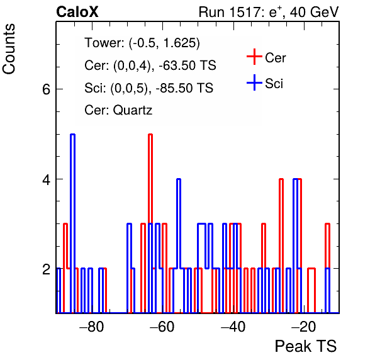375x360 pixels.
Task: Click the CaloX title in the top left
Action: tap(77, 12)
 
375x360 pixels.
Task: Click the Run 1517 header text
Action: tap(269, 12)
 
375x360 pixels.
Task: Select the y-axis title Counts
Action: tap(9, 49)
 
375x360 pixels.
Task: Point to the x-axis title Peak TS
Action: tap(306, 346)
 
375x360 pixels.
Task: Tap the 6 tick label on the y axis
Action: tap(47, 89)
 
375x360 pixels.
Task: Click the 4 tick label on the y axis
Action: tap(47, 179)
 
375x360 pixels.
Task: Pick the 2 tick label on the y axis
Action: tap(47, 269)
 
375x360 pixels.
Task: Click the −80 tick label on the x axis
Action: tap(92, 326)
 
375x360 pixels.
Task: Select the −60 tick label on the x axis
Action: tap(162, 326)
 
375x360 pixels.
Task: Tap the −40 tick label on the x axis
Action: tap(233, 326)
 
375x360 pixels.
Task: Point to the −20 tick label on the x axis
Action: tap(304, 326)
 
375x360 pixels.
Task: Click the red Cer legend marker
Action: tap(254, 57)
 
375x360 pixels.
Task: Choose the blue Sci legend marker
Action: tap(254, 82)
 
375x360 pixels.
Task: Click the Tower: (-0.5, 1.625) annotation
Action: tap(142, 43)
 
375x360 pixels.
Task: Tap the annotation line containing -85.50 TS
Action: tap(148, 87)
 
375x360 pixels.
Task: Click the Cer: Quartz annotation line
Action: tap(118, 110)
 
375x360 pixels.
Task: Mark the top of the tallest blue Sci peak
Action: tap(73, 135)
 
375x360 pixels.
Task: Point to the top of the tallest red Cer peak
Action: tap(150, 135)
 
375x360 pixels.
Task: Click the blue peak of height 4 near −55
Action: tap(179, 179)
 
